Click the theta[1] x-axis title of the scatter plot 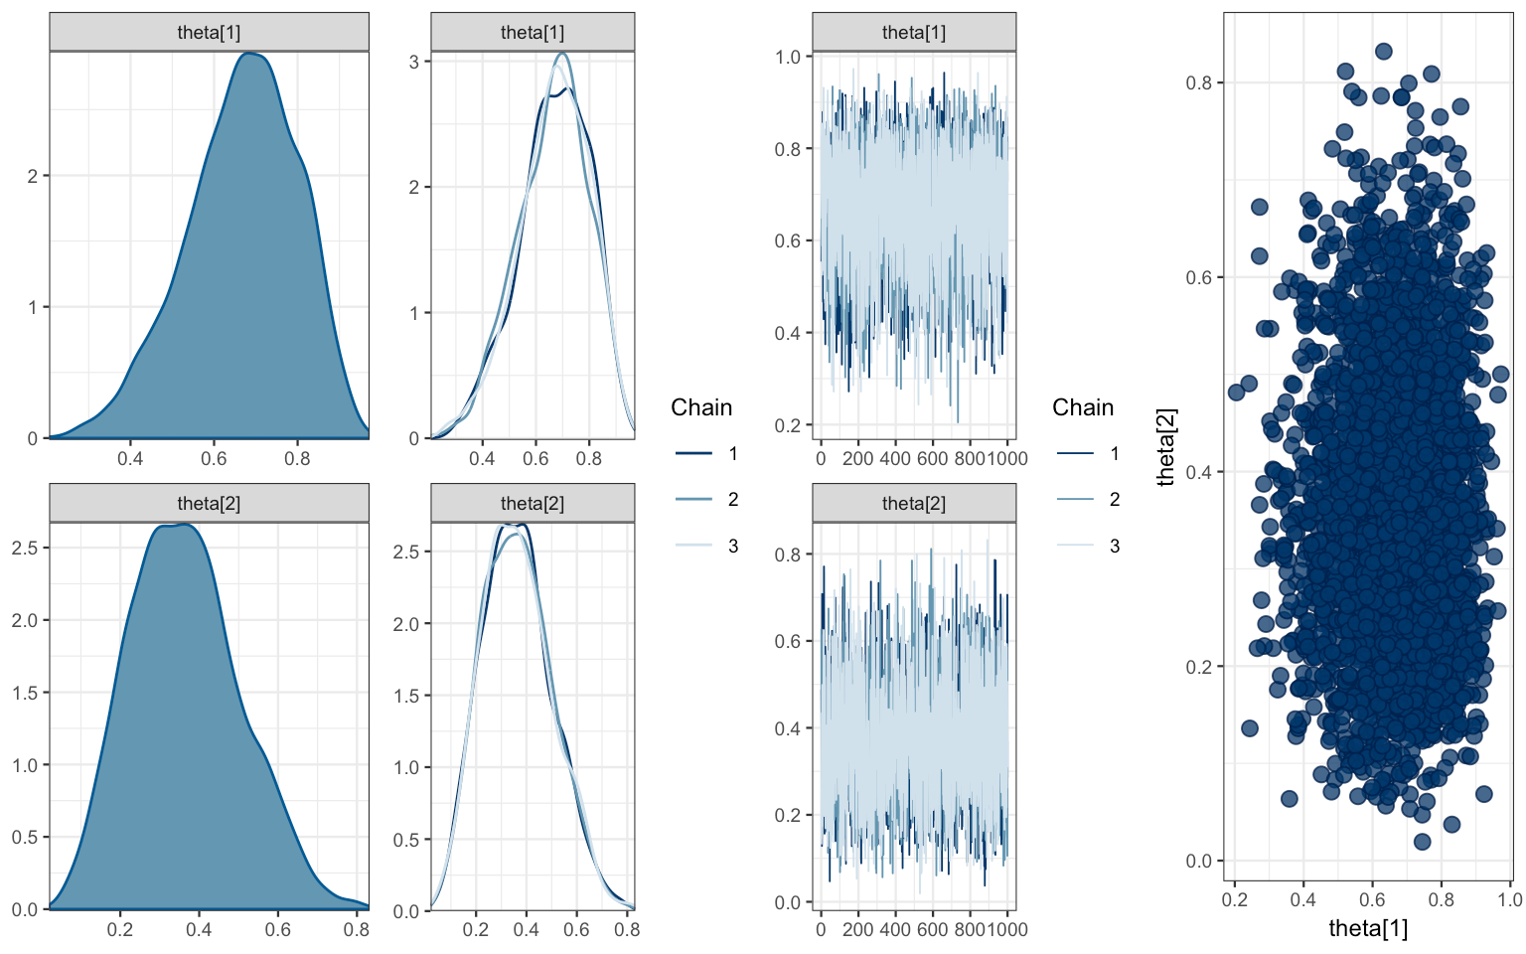pos(1368,929)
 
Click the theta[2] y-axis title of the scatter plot pos(1166,446)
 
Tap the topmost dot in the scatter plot pos(1383,52)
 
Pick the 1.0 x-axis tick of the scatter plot pos(1510,899)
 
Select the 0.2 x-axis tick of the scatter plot pos(1235,899)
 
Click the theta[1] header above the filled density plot pos(209,33)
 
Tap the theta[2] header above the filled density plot pos(209,504)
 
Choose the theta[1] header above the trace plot pos(914,33)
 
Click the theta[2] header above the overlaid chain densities pos(533,504)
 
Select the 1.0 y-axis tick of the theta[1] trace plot pos(788,57)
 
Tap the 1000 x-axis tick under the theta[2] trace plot pos(1007,929)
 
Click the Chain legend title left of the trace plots pos(701,407)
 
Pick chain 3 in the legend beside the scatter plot pos(1114,546)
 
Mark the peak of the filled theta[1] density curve pos(251,54)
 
